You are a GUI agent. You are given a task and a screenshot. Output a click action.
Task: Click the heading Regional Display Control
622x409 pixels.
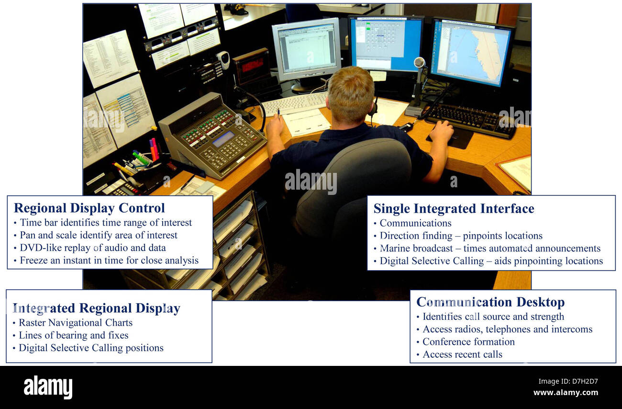89,208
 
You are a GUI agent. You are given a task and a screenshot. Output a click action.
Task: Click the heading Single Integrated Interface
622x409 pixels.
453,208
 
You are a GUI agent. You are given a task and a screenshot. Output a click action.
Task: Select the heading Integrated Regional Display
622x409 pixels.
96,308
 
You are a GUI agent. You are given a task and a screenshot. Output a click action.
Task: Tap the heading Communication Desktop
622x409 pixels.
490,302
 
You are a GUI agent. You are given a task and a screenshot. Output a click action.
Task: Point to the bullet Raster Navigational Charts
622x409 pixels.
75,323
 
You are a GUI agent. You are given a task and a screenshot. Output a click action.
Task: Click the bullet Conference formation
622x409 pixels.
468,341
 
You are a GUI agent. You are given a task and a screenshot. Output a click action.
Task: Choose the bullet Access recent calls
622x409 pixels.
462,354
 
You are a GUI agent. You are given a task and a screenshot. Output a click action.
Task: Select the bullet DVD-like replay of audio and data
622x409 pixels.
92,248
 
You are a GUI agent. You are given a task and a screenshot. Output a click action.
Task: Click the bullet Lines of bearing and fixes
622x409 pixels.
73,335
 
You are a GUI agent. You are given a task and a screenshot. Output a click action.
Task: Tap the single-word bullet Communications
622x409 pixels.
415,223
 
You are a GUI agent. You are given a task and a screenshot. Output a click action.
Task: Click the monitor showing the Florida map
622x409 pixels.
471,53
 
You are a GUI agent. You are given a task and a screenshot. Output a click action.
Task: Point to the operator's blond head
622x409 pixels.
351,93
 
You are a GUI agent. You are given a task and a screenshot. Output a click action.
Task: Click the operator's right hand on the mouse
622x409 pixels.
441,131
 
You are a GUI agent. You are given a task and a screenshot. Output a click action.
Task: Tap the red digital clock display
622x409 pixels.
252,65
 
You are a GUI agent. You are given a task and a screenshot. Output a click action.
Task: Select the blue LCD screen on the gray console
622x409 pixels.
223,139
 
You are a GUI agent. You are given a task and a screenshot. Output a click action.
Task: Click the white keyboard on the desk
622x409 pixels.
294,102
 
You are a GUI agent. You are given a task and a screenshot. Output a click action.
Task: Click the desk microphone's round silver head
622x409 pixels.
419,62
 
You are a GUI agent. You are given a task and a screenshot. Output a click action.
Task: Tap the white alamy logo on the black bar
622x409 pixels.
48,387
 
